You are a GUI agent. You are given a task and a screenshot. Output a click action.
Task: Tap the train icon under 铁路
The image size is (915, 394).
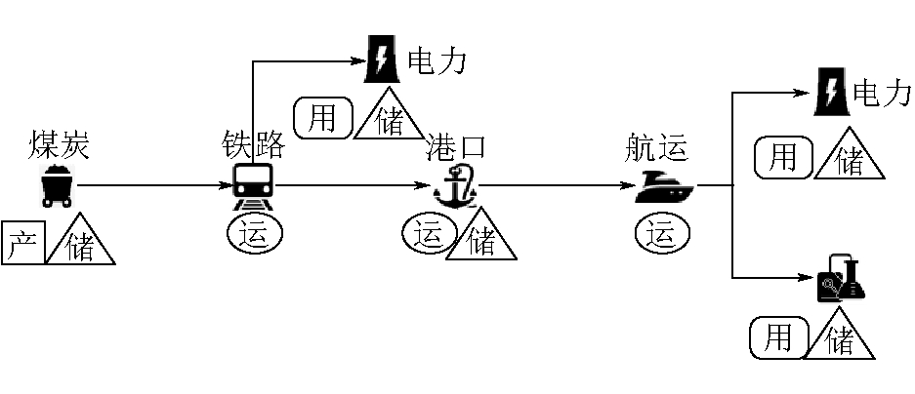[254, 185]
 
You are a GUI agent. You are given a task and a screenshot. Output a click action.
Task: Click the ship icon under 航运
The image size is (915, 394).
[664, 185]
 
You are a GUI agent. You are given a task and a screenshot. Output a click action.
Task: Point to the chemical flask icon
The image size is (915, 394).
[841, 278]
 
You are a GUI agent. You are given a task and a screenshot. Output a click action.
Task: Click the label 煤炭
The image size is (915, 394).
[60, 145]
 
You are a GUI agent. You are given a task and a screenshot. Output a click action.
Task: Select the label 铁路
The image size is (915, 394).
[253, 145]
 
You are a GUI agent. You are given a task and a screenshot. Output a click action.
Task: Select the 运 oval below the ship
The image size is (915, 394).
[661, 234]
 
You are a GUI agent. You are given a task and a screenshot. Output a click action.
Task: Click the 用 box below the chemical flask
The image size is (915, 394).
[777, 337]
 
